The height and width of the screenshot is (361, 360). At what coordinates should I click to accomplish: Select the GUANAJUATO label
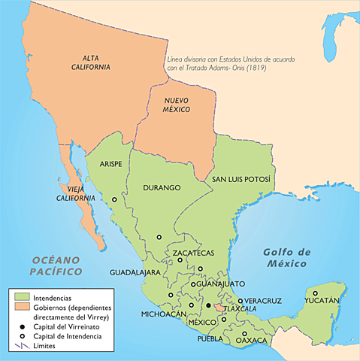[221, 284]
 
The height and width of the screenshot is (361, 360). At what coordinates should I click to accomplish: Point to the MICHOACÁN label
[161, 314]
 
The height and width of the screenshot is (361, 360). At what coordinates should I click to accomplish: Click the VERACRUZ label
[263, 301]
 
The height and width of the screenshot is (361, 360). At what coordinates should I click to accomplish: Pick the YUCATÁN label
[322, 301]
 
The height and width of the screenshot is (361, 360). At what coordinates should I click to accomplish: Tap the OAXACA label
[251, 341]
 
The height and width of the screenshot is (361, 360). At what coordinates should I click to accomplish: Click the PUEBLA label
[210, 339]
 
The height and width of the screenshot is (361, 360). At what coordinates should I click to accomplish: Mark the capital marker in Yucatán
[316, 293]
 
